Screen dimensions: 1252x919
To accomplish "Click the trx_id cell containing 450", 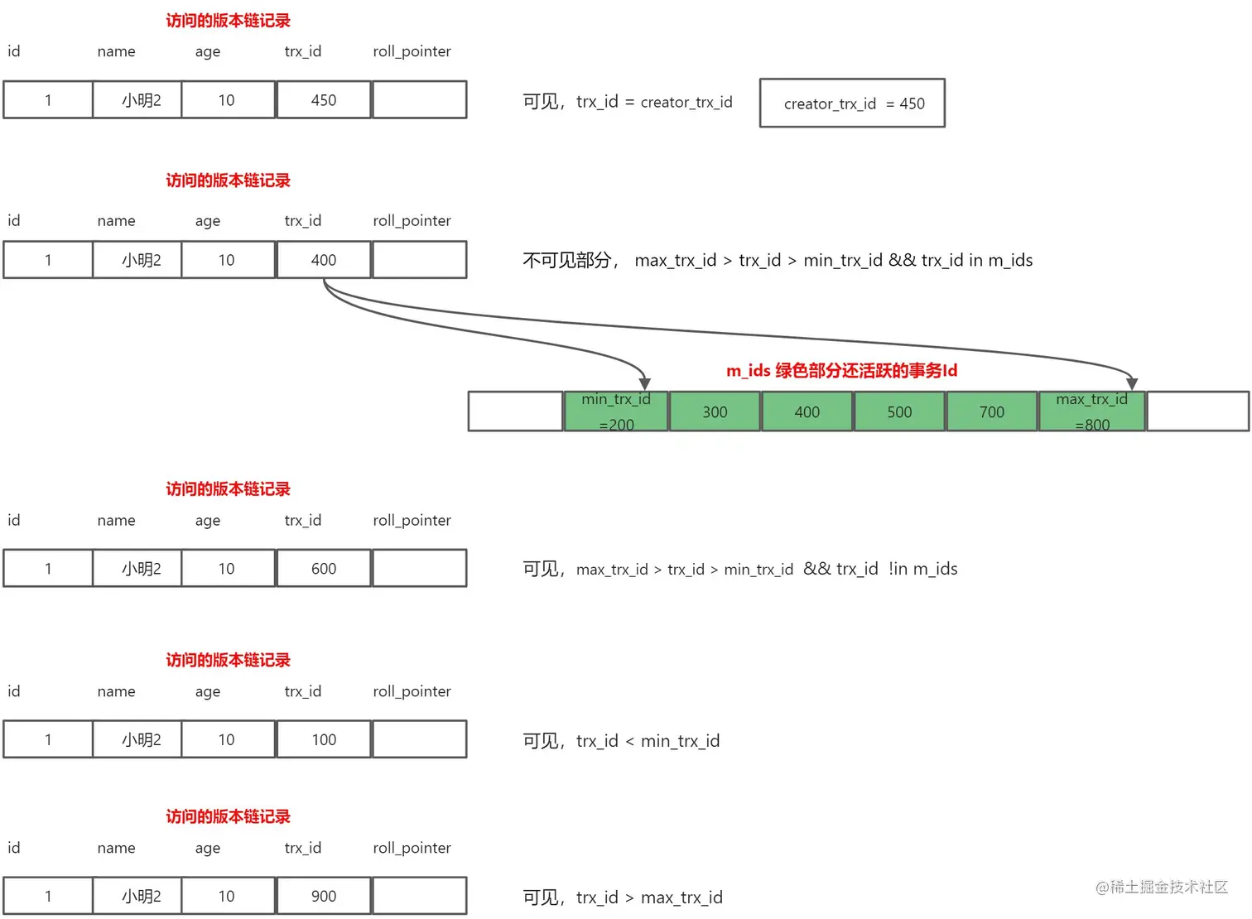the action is (323, 100).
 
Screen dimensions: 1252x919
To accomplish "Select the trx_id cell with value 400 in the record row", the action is (323, 260).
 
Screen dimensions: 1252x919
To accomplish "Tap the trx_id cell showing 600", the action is (323, 569).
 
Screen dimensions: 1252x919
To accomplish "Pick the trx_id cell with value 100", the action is (323, 739).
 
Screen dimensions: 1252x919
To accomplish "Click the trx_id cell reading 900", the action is (323, 896).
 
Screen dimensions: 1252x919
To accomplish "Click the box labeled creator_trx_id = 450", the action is (852, 103).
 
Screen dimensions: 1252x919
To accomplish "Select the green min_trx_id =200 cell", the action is (616, 411).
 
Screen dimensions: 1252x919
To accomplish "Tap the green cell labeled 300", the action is (715, 412).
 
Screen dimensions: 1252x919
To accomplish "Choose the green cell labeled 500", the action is (899, 412).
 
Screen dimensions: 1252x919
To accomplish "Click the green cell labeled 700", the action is (991, 412).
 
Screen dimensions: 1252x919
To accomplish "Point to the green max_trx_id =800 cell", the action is (1091, 411).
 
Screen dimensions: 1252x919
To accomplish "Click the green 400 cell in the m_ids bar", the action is (807, 412).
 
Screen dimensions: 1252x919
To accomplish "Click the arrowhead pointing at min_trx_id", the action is (644, 383).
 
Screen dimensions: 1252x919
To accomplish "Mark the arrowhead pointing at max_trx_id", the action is (1132, 383).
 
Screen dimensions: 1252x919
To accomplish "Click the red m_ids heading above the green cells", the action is (841, 370).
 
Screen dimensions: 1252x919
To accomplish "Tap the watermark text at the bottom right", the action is (1161, 887).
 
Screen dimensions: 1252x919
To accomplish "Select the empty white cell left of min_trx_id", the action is (515, 411).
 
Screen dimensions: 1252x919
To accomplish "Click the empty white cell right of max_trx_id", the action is (1197, 411).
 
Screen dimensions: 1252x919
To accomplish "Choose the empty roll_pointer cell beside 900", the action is (420, 896).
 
